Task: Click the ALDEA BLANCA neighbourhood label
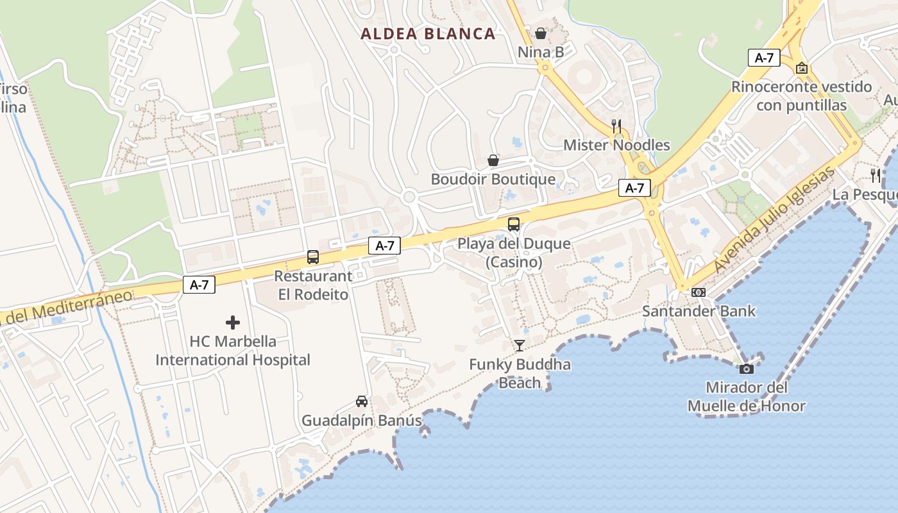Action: coord(428,34)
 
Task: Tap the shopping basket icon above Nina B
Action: coord(541,33)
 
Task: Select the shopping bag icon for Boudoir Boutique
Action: coord(493,160)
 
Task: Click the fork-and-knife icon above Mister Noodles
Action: coord(616,126)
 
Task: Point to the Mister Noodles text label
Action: coord(616,146)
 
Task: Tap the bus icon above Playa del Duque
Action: coord(514,224)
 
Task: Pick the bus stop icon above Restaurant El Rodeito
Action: coord(313,257)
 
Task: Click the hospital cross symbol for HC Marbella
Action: coord(233,323)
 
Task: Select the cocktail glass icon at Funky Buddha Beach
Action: coord(520,346)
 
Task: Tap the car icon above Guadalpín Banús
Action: coord(362,401)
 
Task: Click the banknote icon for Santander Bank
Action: coord(699,292)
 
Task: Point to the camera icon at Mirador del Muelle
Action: coord(746,369)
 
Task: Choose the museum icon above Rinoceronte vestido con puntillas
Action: coord(802,68)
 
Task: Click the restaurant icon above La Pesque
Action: coord(876,175)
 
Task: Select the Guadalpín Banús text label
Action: coord(362,421)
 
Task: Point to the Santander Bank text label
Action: coord(699,312)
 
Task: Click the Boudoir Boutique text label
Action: coord(493,179)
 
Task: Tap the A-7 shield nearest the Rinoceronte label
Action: coord(764,58)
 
